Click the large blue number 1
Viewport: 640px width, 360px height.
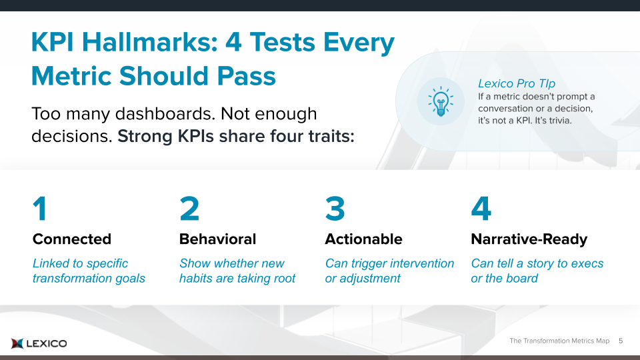tap(40, 209)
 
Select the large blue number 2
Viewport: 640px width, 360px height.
tap(189, 209)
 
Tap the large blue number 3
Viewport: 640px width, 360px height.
tap(335, 209)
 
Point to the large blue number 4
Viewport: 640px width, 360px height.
tap(481, 209)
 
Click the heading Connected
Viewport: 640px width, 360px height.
tap(72, 239)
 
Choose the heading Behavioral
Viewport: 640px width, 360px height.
tap(217, 239)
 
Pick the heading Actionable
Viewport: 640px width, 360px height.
tap(364, 239)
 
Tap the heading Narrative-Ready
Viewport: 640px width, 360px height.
tap(529, 239)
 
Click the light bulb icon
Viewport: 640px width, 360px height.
tap(441, 101)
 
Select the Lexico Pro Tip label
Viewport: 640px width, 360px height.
tap(517, 83)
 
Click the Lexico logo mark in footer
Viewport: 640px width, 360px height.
tap(17, 343)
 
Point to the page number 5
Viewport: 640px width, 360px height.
tap(621, 341)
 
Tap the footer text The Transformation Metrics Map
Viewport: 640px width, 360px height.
tap(559, 341)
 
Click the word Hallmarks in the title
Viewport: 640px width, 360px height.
tap(150, 41)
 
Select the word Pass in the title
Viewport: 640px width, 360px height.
tap(247, 76)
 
